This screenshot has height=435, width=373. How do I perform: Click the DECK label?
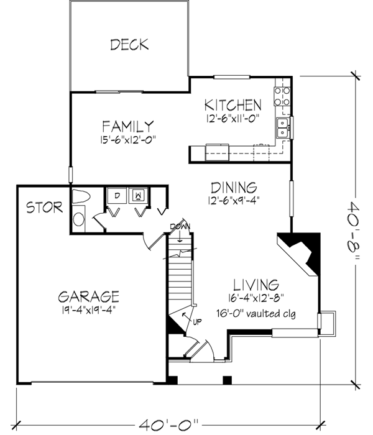[129, 44]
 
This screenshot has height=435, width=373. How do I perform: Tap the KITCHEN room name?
[233, 104]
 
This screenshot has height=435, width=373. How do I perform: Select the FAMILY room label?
[128, 126]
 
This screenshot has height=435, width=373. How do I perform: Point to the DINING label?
[233, 186]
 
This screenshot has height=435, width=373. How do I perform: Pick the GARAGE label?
[88, 295]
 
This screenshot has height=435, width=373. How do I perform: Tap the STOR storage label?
[44, 208]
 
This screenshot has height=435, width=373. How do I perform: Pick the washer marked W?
[138, 196]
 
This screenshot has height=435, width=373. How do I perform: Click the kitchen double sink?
[283, 127]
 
